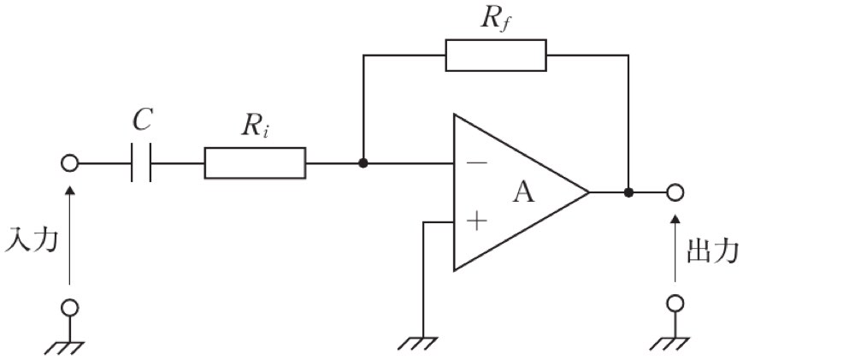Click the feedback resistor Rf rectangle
[x=496, y=55]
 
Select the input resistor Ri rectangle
[x=255, y=163]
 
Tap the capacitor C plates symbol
[x=141, y=163]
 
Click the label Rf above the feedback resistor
[x=496, y=19]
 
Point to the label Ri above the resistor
[x=255, y=127]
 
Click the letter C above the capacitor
[x=142, y=120]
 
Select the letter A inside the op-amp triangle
[x=523, y=193]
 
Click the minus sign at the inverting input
[x=476, y=162]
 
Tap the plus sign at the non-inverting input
[x=476, y=221]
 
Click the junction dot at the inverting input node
[x=363, y=163]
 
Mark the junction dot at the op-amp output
[x=628, y=192]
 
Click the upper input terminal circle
[x=69, y=163]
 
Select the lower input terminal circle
[x=69, y=308]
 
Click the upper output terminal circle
[x=675, y=192]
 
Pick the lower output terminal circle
[x=675, y=304]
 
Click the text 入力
[x=31, y=240]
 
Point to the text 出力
[x=712, y=251]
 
